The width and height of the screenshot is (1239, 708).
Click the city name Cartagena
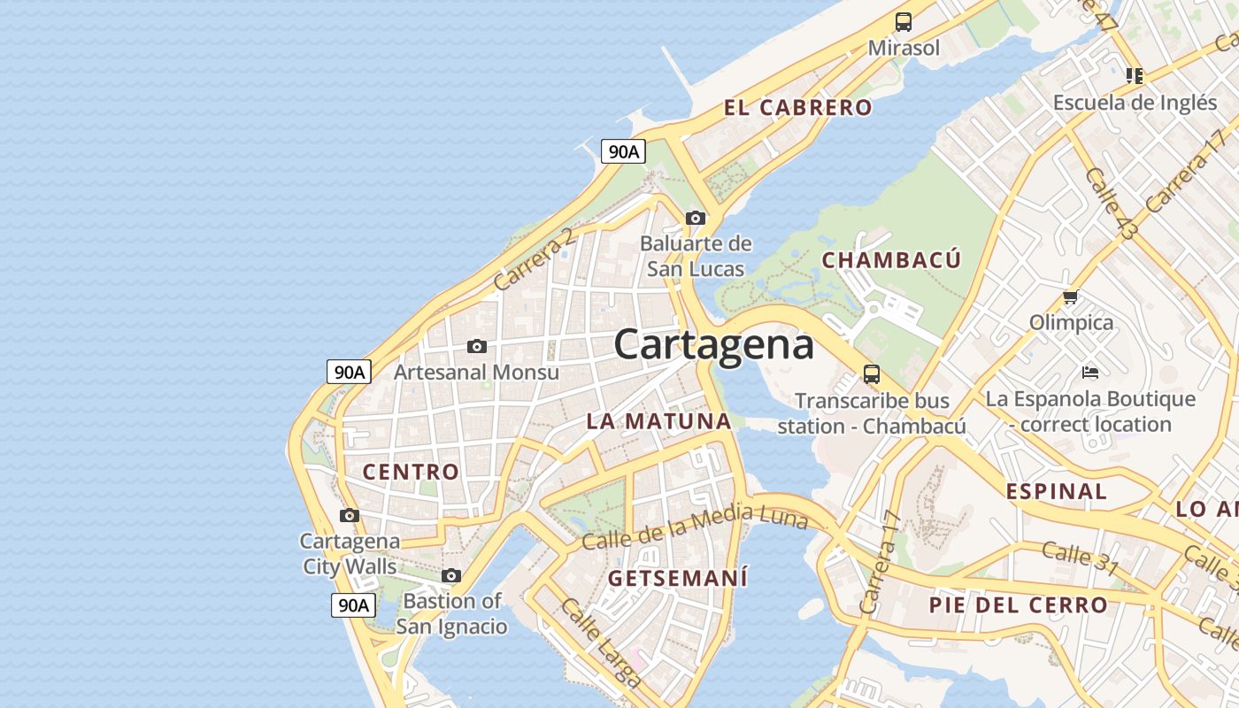713,344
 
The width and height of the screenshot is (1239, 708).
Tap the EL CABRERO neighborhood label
797,108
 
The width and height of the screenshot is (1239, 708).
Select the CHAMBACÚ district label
891,260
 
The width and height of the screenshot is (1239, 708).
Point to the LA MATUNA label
658,421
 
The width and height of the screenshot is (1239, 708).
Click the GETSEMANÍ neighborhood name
678,579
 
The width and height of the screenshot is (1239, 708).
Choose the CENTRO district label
411,472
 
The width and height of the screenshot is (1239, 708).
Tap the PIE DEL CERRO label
1018,605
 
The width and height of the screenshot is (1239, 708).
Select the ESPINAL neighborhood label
1056,491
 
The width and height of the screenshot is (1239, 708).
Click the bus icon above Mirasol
903,22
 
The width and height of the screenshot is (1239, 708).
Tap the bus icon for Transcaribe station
872,374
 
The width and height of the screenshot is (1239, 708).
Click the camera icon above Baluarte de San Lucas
696,218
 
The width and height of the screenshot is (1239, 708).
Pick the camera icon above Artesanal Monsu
476,346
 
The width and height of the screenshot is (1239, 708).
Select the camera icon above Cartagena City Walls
350,515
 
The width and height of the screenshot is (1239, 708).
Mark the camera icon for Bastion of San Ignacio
451,576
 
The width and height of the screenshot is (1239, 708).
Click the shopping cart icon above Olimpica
1071,297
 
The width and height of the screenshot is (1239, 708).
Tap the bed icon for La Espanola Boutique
1090,373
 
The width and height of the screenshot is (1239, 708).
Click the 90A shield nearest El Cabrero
623,151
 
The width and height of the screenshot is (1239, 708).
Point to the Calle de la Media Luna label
695,527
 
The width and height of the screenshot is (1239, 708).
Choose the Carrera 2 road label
535,259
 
